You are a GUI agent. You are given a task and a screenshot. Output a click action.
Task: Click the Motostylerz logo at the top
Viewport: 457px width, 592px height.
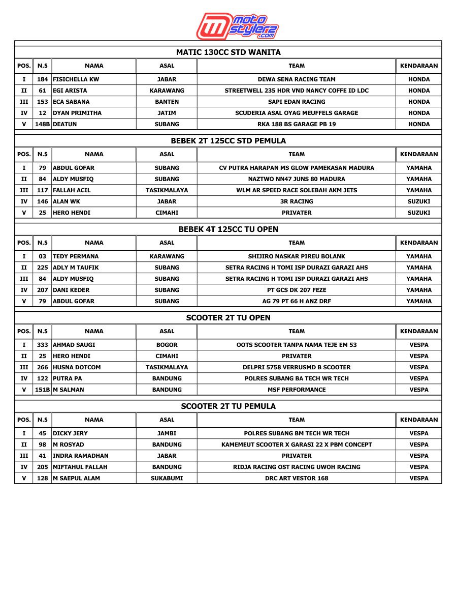pos(238,26)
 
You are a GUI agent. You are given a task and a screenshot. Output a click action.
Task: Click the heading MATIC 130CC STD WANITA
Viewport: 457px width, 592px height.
pos(228,52)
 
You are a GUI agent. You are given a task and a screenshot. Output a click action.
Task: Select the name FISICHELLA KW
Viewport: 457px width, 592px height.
pos(76,79)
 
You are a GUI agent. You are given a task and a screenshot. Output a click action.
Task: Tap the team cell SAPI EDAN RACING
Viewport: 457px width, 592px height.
pos(297,102)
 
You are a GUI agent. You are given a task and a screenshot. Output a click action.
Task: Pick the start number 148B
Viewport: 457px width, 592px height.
pos(42,124)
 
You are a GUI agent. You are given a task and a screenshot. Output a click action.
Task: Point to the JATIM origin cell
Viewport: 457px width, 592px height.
pos(167,113)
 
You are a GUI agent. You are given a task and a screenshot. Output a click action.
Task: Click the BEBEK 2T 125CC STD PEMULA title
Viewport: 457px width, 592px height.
pos(228,141)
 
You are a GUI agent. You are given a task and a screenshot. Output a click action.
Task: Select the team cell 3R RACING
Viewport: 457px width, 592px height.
pos(297,201)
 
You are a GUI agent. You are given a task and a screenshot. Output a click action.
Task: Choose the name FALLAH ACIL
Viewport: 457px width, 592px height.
pos(72,190)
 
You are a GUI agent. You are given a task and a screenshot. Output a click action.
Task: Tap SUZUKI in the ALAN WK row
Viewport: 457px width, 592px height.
pos(418,201)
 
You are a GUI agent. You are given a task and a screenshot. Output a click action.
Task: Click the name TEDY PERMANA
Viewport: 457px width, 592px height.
pos(76,256)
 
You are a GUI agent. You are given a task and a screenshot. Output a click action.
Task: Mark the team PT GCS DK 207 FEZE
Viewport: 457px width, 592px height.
pos(297,290)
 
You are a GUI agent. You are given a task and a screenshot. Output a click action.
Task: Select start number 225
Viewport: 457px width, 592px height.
pos(42,268)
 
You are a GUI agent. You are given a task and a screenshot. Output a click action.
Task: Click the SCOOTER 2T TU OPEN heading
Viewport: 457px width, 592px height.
pos(228,318)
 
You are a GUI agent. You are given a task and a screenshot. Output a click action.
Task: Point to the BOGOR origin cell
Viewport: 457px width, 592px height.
pos(167,345)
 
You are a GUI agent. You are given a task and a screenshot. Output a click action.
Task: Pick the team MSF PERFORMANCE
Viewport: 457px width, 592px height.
pos(297,390)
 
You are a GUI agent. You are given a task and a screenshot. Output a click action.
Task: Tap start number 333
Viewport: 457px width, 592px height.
pos(42,345)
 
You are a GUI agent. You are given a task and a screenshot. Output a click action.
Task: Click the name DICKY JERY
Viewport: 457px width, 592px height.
pos(70,433)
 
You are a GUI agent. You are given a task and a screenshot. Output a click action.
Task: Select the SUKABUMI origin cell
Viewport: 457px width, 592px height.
pos(167,478)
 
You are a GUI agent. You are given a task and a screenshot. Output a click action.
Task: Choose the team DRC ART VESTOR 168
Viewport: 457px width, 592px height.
pos(297,478)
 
